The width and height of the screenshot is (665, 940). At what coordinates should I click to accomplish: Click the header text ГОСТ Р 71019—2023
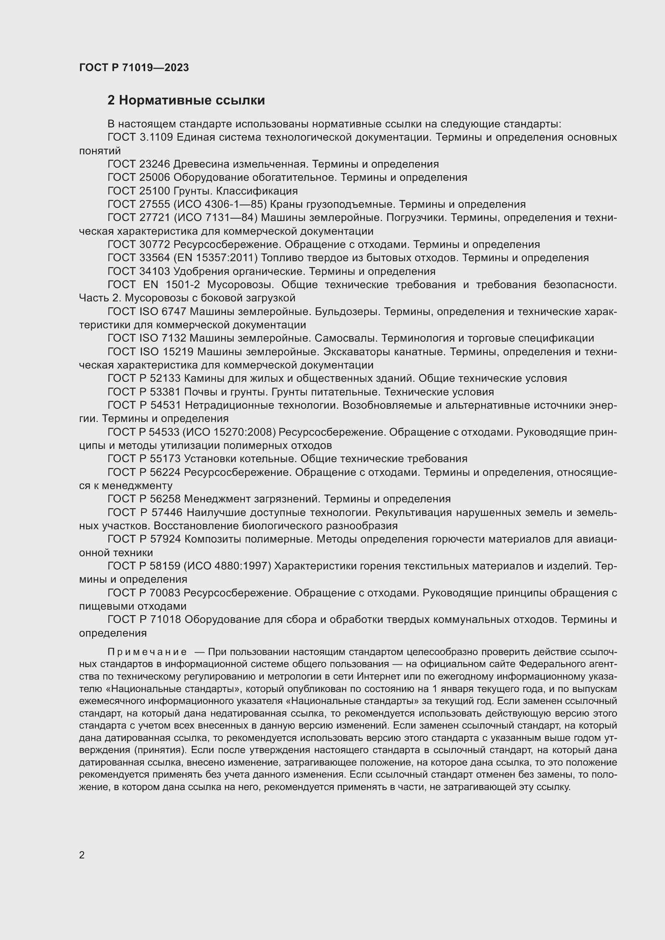[x=134, y=68]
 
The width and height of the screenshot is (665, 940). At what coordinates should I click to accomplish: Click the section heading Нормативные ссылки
[x=192, y=100]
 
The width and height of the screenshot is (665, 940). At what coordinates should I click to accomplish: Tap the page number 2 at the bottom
[x=82, y=855]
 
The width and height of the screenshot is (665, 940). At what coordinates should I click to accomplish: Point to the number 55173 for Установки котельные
[x=166, y=459]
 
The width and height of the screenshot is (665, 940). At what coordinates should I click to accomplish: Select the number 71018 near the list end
[x=166, y=619]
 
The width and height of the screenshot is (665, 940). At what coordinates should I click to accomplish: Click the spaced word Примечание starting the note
[x=147, y=652]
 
